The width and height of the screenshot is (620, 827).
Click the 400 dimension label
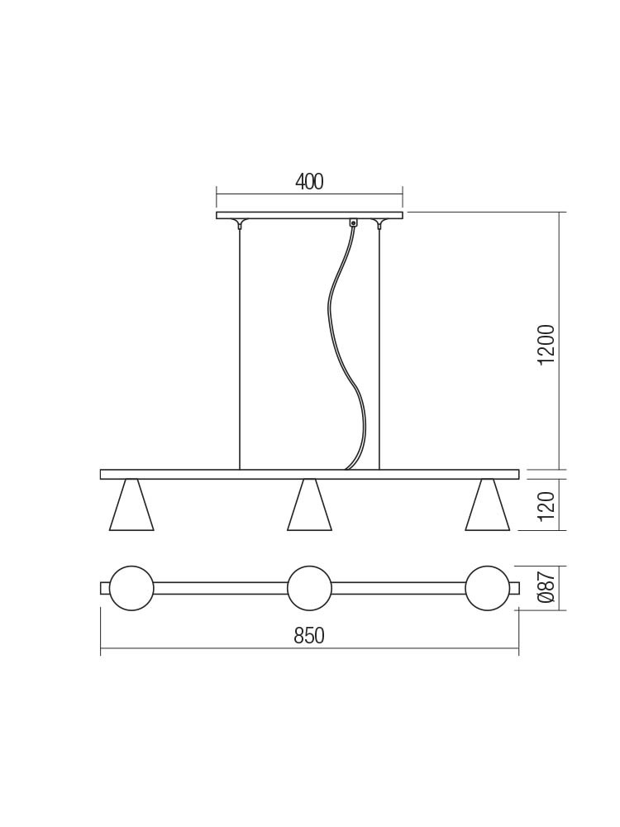[x=309, y=181]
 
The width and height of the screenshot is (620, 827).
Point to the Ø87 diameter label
[x=548, y=587]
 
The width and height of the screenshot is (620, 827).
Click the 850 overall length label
[x=309, y=636]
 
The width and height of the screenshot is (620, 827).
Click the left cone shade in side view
[x=131, y=504]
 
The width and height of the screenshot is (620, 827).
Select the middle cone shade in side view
[x=309, y=504]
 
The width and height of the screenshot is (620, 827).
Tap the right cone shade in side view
[x=488, y=504]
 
